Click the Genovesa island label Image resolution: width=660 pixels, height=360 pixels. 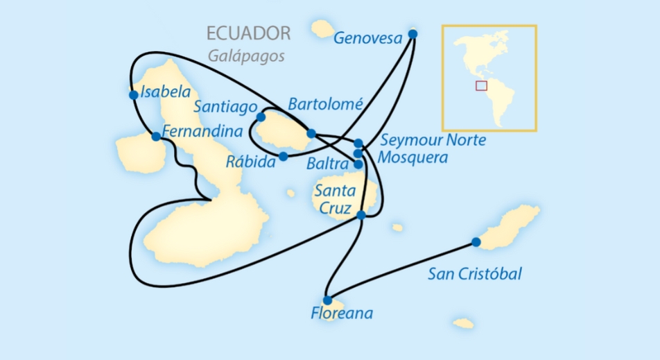(x=368, y=38)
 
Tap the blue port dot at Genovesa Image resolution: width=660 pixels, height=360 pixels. (x=413, y=33)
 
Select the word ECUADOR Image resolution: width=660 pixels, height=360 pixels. (x=248, y=33)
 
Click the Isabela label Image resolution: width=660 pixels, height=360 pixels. (x=165, y=92)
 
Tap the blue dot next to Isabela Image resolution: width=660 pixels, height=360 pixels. (x=133, y=95)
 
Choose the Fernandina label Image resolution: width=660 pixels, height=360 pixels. (x=202, y=131)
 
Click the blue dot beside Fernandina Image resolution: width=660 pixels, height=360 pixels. (x=156, y=137)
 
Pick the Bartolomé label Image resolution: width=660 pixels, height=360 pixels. (x=325, y=105)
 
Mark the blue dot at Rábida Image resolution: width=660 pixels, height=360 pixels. (x=283, y=157)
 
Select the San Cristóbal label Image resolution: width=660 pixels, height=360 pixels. (x=475, y=274)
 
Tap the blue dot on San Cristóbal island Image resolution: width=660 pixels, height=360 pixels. (x=476, y=242)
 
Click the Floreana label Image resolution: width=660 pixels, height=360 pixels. (x=342, y=314)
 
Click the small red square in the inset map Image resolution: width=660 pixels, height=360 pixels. (x=481, y=86)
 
